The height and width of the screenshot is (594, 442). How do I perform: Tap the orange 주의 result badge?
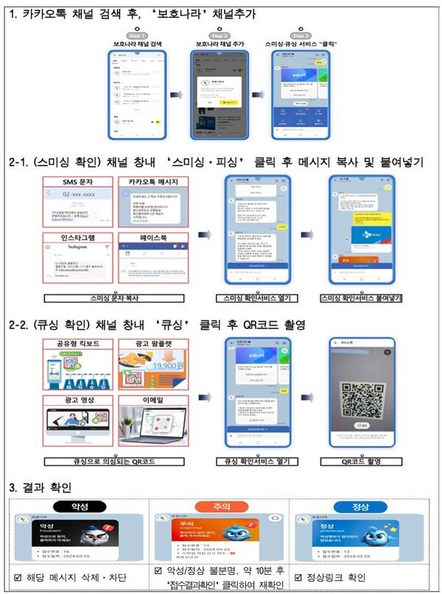coord(219,507)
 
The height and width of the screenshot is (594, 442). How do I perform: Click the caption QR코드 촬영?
coord(360,462)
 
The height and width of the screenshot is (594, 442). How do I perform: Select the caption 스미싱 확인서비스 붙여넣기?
coord(360,298)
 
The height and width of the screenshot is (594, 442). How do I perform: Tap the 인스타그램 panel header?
coord(80,238)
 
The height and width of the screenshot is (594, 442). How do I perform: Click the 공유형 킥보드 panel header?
coord(79,344)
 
